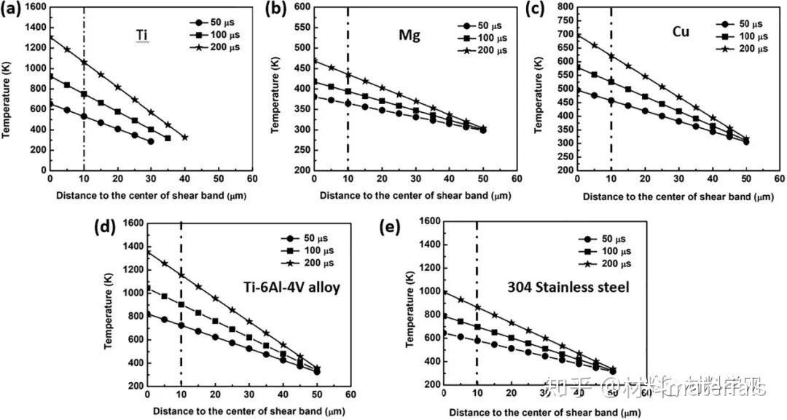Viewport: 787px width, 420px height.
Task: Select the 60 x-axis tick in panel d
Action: (351, 394)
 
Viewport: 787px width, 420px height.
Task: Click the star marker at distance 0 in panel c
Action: (577, 35)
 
